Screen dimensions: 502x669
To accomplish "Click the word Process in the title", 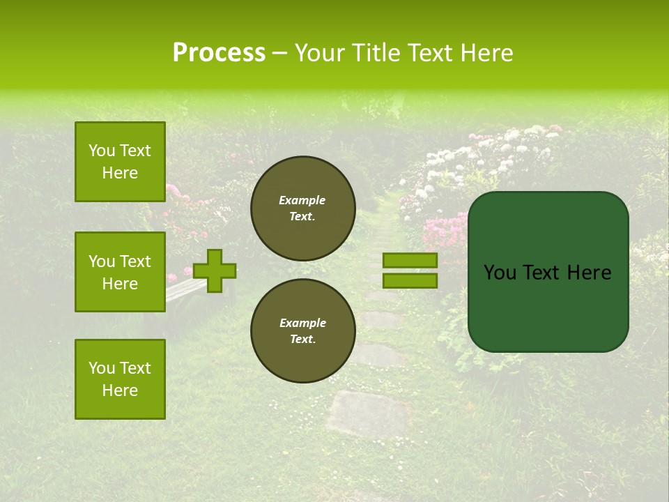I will (x=219, y=53).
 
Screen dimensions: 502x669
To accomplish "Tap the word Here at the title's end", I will (x=485, y=53).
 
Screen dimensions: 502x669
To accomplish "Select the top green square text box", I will (x=120, y=162).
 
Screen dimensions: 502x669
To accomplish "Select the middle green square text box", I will (x=120, y=272).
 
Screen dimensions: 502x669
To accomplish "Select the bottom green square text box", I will (x=120, y=379).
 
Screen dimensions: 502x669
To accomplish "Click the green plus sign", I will (x=215, y=271).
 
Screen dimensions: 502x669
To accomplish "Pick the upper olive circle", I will (x=302, y=208).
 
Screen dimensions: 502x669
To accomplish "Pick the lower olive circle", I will (x=302, y=331).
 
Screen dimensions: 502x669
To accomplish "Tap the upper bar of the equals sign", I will (x=410, y=260).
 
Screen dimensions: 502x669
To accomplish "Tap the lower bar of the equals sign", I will (x=410, y=280).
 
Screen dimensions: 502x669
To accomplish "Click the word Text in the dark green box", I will (x=546, y=273).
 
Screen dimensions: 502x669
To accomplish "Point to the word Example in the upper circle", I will (x=302, y=200).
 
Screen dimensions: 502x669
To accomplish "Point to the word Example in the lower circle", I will (x=302, y=323).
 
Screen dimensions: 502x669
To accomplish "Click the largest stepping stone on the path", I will (x=367, y=413).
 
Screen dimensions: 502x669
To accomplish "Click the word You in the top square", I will (x=102, y=151).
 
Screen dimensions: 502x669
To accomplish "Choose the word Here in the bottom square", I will (x=120, y=390).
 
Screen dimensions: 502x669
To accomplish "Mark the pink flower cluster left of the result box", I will (x=445, y=229).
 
